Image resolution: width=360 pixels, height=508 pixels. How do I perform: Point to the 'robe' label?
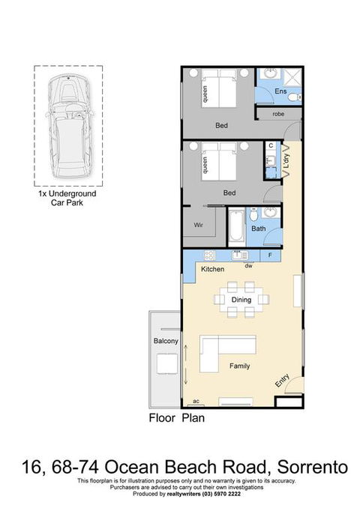278,114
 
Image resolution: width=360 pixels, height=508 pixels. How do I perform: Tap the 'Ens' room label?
280,91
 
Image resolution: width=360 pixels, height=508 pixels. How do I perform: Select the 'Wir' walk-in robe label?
199,223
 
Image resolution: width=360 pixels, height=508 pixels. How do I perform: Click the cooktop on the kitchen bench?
208,255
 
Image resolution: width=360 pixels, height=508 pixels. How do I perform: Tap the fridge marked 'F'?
270,255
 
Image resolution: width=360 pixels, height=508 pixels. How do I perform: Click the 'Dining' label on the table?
241,300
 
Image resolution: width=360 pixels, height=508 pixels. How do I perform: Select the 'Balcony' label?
165,342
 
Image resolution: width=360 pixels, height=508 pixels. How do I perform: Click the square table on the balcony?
165,363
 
